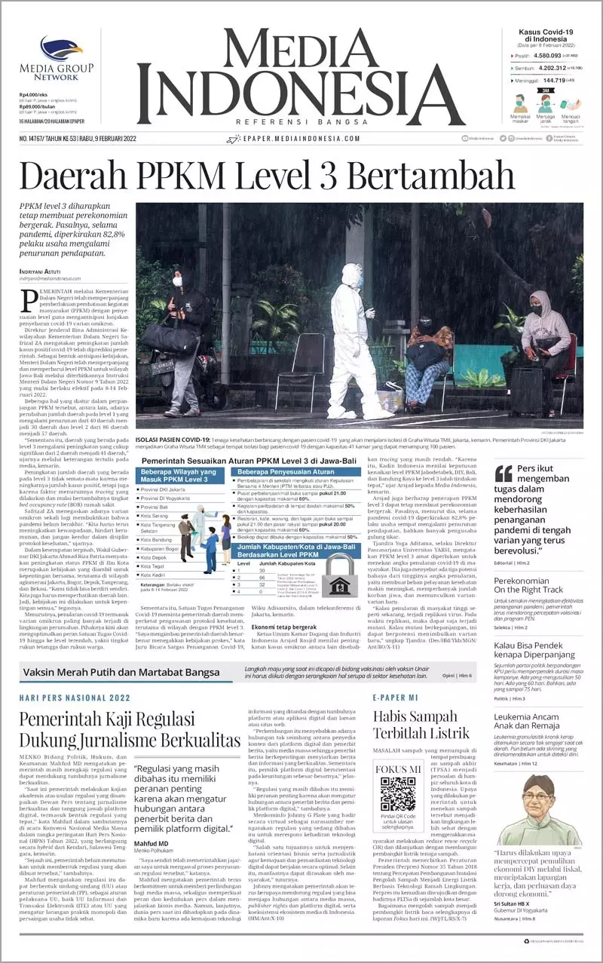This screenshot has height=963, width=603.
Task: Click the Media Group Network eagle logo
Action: click(x=60, y=49)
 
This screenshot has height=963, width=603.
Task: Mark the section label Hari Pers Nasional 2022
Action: click(x=75, y=698)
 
